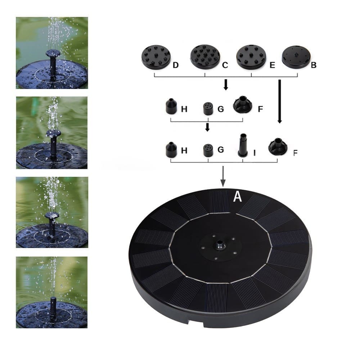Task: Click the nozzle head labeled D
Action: click(x=156, y=57)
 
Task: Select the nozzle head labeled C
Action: click(x=205, y=57)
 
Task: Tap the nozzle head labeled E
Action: click(x=251, y=57)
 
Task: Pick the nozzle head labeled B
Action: click(x=296, y=57)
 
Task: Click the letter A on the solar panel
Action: click(x=237, y=197)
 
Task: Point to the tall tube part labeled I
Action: click(x=242, y=145)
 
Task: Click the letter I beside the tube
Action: click(x=255, y=153)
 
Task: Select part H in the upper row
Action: click(x=171, y=106)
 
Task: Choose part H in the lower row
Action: click(x=171, y=149)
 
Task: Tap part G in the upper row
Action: click(x=208, y=109)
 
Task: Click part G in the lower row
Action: click(x=208, y=150)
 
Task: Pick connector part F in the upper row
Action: click(x=242, y=105)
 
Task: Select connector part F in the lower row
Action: click(x=278, y=147)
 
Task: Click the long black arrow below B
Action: click(x=280, y=102)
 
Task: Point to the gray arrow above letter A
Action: click(x=223, y=176)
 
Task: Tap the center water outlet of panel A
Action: click(x=220, y=243)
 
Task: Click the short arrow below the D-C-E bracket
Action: click(x=226, y=85)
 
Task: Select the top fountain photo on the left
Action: click(x=52, y=53)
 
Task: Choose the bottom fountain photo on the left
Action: click(x=51, y=292)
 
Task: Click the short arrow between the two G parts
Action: click(x=207, y=127)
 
